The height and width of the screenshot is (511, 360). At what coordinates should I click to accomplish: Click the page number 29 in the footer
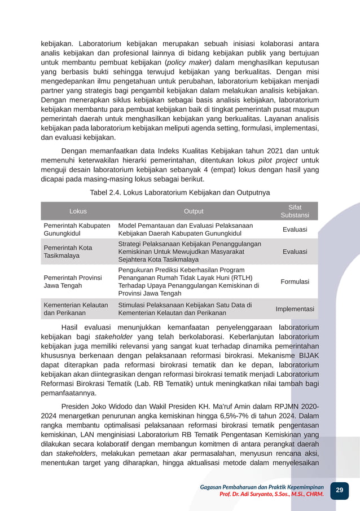(339, 490)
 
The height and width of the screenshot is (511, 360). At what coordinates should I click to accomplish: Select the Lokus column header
(78, 211)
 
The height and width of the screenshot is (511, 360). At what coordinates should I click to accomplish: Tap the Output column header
(194, 211)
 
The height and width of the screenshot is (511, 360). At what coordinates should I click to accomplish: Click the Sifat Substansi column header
(295, 211)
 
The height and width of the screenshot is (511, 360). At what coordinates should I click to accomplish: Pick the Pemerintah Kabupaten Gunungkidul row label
(77, 229)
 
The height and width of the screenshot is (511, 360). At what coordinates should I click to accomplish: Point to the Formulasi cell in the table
(295, 281)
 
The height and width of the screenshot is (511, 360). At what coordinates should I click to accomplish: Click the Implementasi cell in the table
(295, 309)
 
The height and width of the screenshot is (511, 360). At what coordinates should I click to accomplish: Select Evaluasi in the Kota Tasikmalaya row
(295, 252)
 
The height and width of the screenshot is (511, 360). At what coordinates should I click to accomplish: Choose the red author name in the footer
(271, 494)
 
